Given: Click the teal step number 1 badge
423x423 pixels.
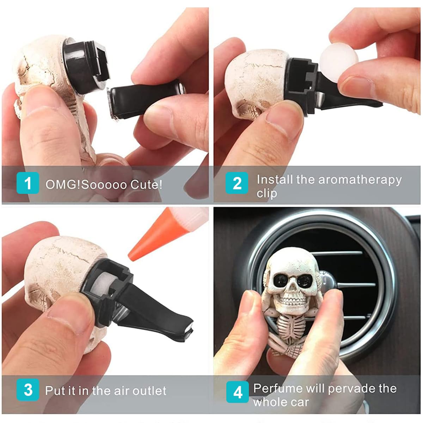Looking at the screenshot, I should [27, 183].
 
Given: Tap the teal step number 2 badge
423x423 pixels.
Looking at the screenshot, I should [237, 183].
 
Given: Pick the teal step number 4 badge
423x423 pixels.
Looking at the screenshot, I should [238, 392].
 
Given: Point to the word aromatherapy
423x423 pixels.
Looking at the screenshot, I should [360, 179].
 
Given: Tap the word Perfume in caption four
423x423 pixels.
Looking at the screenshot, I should [277, 388].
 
